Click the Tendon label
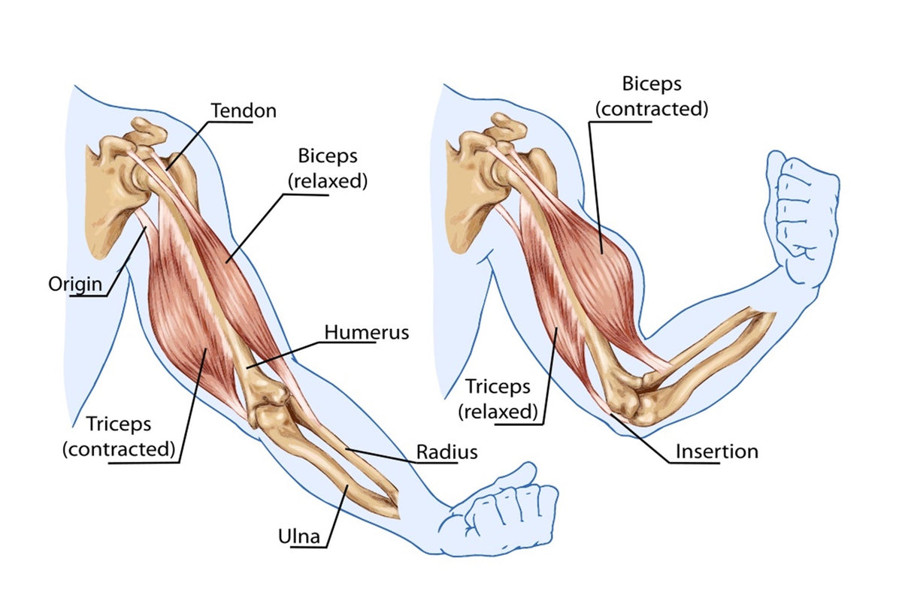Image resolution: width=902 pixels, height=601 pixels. click(244, 110)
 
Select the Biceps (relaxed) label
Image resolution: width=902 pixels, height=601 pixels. click(328, 168)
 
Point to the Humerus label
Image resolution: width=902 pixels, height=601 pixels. click(367, 331)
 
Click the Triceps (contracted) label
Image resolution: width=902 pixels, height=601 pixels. click(119, 436)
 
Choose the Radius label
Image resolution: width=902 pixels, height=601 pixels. click(447, 452)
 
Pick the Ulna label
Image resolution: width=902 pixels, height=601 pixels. click(300, 536)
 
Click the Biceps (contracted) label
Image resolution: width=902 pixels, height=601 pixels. click(652, 95)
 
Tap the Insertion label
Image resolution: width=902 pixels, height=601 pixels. click(716, 452)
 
